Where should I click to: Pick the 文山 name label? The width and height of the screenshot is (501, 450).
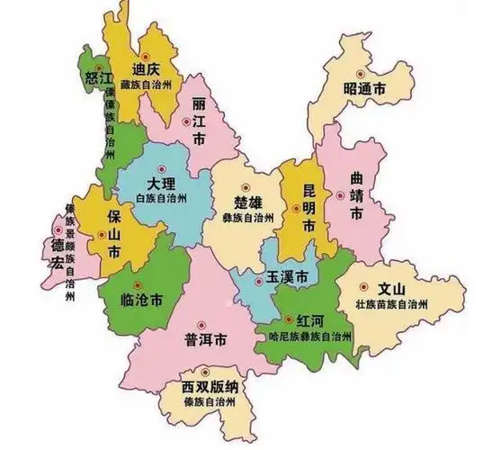coord(389,289)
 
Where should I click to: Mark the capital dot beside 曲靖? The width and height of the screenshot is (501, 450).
coord(340,194)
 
